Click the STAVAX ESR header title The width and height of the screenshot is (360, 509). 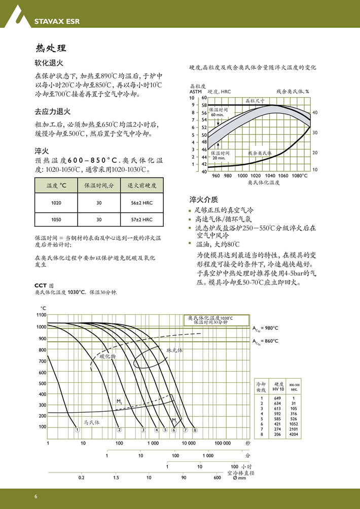tap(57, 22)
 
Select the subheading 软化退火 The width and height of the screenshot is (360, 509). tap(49, 64)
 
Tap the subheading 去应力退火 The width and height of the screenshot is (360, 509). tap(52, 112)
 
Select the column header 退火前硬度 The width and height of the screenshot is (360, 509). tap(142, 186)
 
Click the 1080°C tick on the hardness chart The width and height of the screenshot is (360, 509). tap(300, 176)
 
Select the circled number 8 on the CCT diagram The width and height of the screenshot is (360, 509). tap(194, 430)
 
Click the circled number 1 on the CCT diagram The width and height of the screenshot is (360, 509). tap(77, 429)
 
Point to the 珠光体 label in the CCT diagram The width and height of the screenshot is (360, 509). tap(174, 350)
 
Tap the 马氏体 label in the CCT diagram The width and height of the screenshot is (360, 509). tap(92, 422)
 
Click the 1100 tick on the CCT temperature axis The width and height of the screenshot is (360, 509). tap(42, 315)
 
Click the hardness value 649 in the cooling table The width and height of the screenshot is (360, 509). tap(277, 398)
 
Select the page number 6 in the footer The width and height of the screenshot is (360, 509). tap(36, 495)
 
